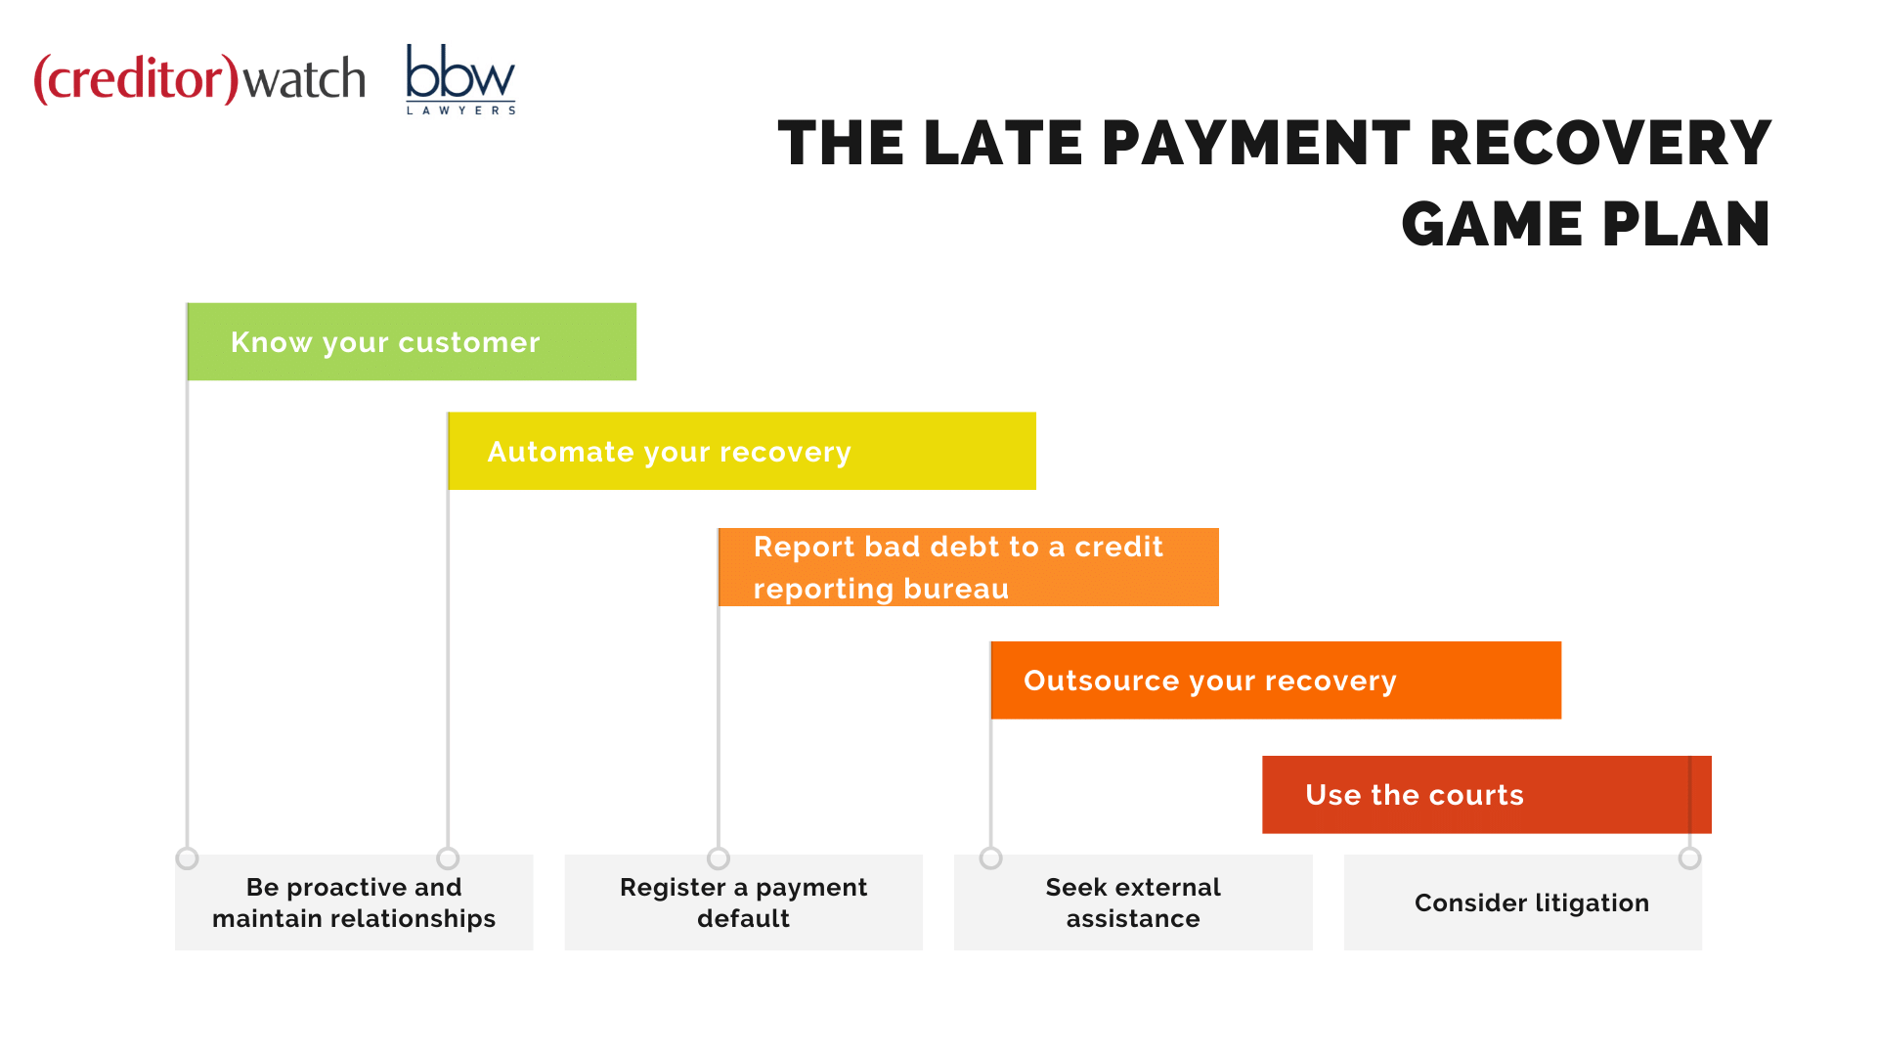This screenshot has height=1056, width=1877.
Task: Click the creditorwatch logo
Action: [199, 78]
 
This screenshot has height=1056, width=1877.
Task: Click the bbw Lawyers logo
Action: [460, 79]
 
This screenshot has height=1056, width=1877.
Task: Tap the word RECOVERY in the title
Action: [1600, 143]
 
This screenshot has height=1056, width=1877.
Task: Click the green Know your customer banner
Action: [412, 341]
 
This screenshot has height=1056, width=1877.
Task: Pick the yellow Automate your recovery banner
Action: [742, 451]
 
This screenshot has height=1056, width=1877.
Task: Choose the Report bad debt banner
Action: [969, 567]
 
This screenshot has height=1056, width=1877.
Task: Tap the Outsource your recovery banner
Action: [1276, 681]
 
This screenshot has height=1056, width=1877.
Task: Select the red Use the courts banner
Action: [1487, 795]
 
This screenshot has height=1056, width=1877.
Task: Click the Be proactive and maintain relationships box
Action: [354, 902]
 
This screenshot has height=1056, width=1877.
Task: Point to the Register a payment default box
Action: [743, 902]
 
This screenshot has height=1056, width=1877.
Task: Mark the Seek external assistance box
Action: [1133, 902]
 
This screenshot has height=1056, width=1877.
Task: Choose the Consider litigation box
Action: [1523, 902]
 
